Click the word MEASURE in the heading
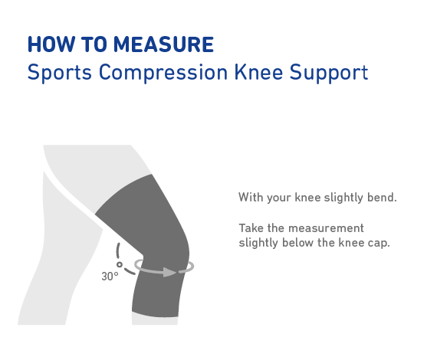tap(163, 44)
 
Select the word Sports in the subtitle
tap(60, 73)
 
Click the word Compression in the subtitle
tap(163, 73)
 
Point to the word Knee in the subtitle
tap(259, 72)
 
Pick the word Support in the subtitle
tap(329, 73)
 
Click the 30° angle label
tap(110, 277)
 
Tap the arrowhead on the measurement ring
tap(169, 272)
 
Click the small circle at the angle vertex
tap(120, 264)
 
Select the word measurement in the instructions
tap(326, 228)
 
